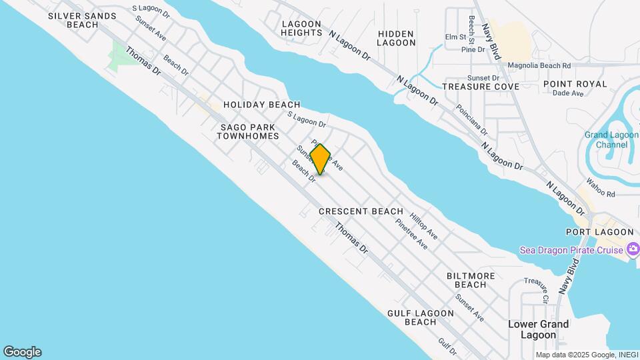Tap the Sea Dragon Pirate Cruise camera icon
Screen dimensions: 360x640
pos(633,250)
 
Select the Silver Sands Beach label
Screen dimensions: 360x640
pos(73,19)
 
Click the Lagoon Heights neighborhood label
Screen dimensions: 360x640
pos(302,28)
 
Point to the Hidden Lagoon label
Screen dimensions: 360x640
pos(396,38)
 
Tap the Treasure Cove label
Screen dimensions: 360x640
pos(471,87)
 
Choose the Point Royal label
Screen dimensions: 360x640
pos(575,84)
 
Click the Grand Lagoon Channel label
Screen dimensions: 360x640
pos(606,139)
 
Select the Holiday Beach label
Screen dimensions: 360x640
pos(261,105)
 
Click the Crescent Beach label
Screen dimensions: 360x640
pos(361,211)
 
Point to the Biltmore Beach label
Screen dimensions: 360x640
pos(471,280)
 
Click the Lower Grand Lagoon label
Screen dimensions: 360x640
pos(539,329)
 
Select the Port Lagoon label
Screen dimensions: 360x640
pos(599,232)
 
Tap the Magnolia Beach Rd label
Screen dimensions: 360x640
pos(539,66)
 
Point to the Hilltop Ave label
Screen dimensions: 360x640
pos(423,227)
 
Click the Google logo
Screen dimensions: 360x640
pos(22,352)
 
